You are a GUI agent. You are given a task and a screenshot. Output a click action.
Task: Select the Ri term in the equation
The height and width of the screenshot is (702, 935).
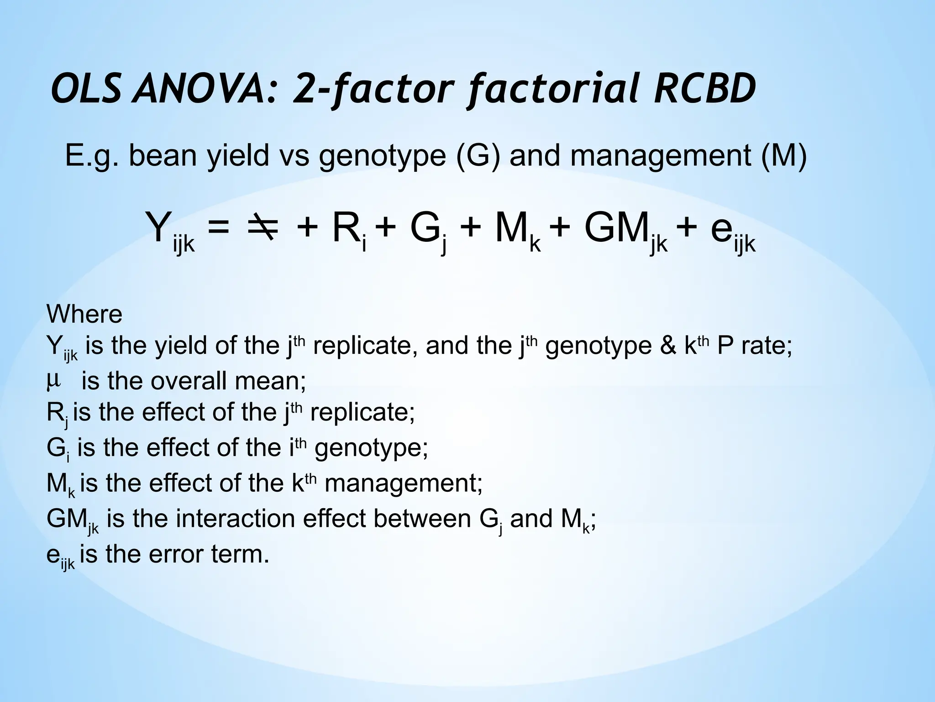pos(349,230)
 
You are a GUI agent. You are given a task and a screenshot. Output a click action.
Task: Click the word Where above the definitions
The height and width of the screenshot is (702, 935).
pos(84,314)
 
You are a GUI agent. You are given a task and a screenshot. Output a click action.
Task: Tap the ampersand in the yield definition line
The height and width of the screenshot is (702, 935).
pos(668,346)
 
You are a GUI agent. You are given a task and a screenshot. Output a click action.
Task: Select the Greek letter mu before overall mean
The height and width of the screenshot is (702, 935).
pos(53,380)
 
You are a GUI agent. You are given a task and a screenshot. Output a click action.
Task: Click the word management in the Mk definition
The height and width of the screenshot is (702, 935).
pos(403,483)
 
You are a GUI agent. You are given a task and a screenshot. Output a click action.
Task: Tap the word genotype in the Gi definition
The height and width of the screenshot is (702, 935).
pos(371,447)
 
